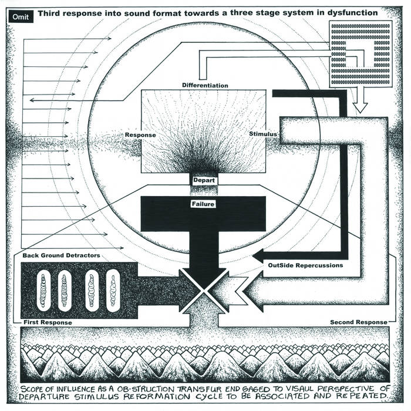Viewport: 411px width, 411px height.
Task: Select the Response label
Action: [140, 135]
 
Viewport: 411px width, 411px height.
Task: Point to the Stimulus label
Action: [262, 134]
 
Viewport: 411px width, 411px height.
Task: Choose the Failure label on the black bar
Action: [203, 204]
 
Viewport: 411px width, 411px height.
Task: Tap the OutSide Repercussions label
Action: [305, 265]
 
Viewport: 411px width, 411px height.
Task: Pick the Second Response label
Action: [359, 322]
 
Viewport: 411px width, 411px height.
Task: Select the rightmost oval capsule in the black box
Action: [113, 290]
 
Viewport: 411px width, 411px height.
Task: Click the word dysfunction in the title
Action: [353, 12]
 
